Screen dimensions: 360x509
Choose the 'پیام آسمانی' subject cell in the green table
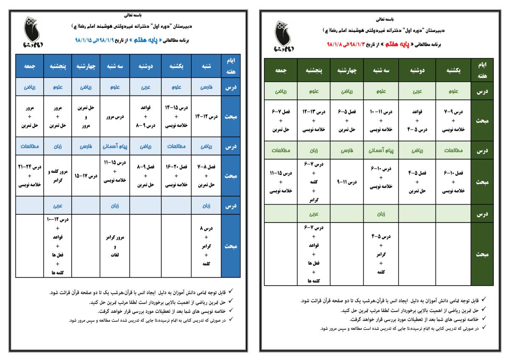pyautogui.click(x=381, y=150)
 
